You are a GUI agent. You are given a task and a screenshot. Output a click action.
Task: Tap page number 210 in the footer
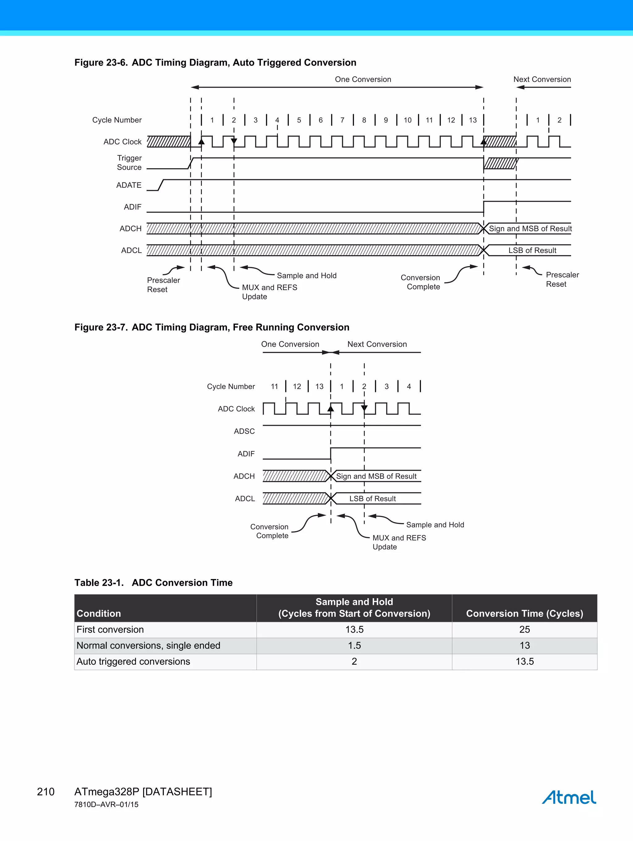[46, 792]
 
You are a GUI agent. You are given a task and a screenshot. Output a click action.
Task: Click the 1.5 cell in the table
[354, 646]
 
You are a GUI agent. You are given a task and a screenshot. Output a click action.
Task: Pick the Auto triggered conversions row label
[133, 662]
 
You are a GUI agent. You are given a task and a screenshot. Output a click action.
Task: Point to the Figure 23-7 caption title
[212, 327]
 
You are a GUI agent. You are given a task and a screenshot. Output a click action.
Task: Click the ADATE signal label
[129, 185]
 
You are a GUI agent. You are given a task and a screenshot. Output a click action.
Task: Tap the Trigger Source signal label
[129, 163]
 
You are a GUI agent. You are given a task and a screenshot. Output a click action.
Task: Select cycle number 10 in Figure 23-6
[407, 120]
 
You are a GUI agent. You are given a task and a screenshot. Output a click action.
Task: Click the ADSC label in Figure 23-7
[244, 431]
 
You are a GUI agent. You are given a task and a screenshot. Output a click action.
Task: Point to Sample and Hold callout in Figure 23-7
[435, 525]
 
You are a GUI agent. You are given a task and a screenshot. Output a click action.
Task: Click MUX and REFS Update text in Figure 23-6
[270, 292]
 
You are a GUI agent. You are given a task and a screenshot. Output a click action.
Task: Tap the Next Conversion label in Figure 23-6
[542, 79]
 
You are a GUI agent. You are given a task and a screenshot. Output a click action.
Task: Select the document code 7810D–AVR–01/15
[106, 805]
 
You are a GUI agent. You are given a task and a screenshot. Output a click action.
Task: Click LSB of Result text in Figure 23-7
[372, 498]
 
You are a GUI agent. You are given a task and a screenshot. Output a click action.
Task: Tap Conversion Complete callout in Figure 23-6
[421, 282]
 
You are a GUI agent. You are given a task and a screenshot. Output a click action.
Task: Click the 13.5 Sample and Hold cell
[354, 630]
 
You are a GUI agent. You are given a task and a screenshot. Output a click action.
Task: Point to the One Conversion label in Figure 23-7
[290, 344]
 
